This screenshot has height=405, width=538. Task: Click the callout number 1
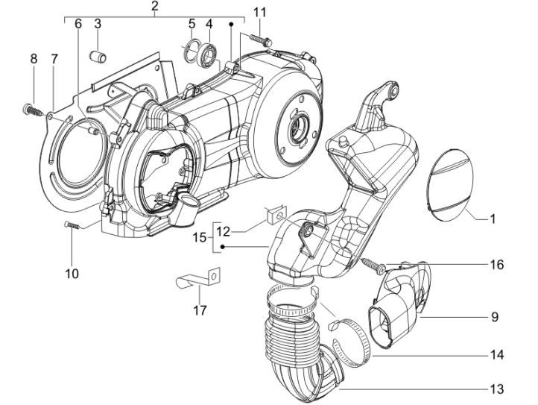point(493,219)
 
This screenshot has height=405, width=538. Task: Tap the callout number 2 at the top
point(154,7)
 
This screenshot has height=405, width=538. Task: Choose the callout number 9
point(494,317)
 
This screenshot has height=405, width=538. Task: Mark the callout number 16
point(496,265)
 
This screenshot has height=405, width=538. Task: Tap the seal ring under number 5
point(192,51)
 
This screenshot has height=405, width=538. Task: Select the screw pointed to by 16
point(372,263)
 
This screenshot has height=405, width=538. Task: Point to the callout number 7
point(54,58)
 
